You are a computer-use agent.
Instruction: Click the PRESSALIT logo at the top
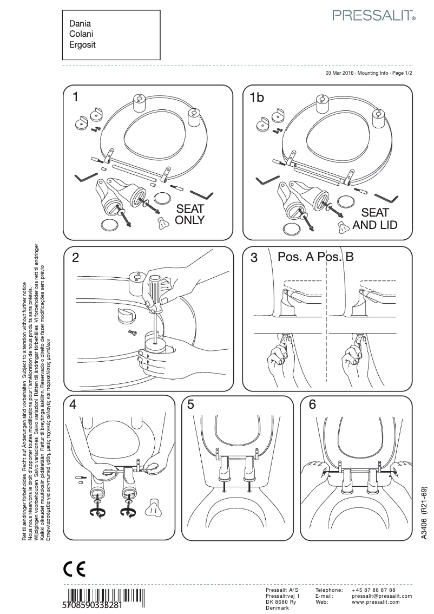(373, 16)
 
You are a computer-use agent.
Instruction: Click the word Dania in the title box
(80, 24)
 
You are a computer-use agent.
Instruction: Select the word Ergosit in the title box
(82, 45)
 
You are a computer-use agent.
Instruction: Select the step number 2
(76, 258)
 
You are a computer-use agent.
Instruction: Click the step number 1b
(257, 97)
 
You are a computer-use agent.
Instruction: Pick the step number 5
(191, 404)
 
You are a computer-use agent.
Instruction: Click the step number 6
(312, 404)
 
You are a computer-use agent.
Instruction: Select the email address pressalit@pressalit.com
(382, 596)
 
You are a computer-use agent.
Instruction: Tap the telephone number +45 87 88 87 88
(373, 590)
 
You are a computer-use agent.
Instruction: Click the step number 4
(73, 404)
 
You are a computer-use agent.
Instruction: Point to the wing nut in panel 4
(154, 507)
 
